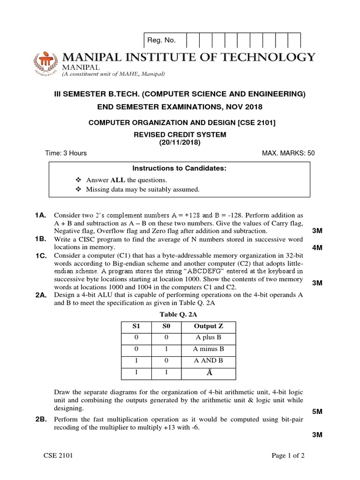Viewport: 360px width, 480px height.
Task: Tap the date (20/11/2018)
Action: click(180, 143)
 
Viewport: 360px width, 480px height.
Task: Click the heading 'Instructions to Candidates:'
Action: click(180, 168)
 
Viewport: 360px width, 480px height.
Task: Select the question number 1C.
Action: click(40, 255)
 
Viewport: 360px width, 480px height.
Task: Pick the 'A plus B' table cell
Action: click(208, 337)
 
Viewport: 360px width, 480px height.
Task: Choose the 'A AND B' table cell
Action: click(208, 360)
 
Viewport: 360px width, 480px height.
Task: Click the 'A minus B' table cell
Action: click(208, 349)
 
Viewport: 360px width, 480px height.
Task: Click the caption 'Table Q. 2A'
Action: click(180, 313)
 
